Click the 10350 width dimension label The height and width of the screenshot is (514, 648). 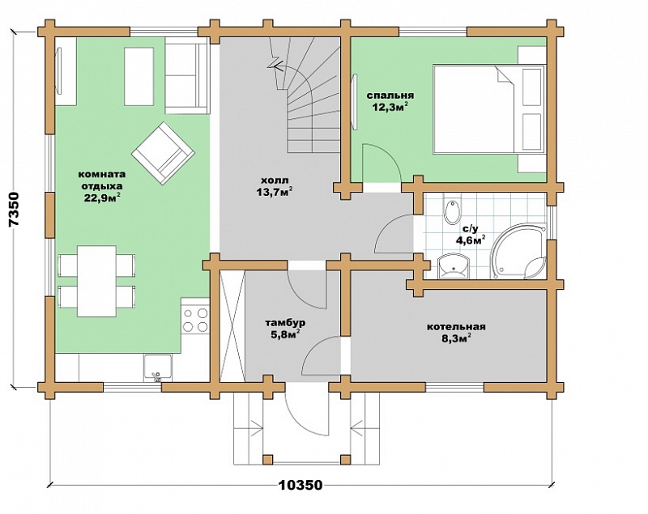300,485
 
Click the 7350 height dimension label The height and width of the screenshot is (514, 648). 14,209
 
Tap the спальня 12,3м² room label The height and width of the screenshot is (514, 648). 390,101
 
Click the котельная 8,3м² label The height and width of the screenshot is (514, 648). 456,333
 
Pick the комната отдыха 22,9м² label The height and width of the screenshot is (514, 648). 102,187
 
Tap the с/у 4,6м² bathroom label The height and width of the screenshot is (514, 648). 470,234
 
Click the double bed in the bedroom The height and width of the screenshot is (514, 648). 489,109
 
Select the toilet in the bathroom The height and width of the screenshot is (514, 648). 452,211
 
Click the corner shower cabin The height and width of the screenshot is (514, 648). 519,251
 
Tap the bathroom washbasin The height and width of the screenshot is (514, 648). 454,266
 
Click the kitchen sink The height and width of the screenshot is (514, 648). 157,367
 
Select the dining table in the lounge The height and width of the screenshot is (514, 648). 96,281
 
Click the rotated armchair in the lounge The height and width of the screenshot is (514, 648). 163,153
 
